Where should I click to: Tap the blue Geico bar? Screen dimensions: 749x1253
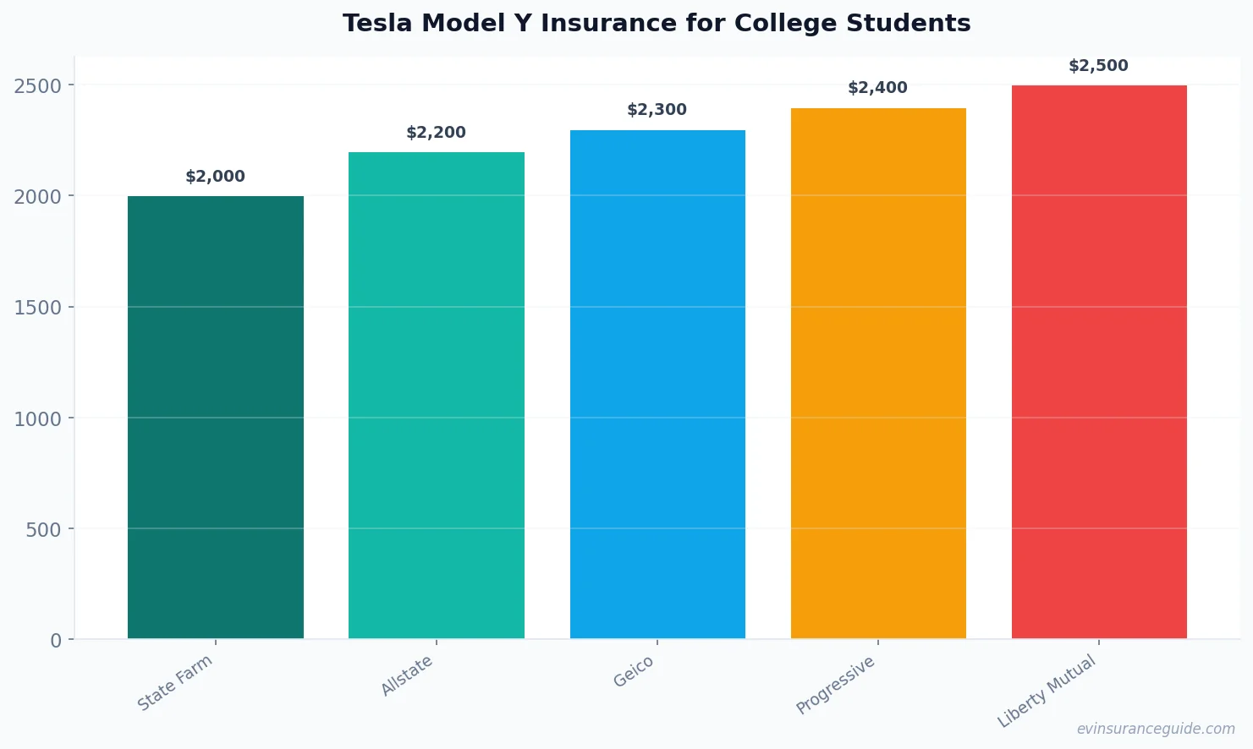[x=657, y=384]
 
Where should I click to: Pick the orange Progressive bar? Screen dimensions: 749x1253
[x=878, y=373]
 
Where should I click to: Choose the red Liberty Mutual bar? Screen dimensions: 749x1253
[x=1099, y=362]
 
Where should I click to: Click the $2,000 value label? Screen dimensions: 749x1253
[x=215, y=177]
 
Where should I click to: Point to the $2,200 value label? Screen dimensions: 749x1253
[x=436, y=133]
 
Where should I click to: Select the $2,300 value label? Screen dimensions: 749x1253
[x=657, y=110]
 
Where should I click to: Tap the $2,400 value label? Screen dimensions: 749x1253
[x=877, y=88]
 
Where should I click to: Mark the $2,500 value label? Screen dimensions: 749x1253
[x=1098, y=66]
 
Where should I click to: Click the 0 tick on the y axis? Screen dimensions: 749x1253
[x=56, y=641]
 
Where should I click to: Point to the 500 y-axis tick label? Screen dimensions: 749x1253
[x=43, y=530]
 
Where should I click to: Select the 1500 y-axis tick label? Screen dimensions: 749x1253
[x=38, y=308]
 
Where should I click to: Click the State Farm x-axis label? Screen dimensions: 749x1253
[x=175, y=683]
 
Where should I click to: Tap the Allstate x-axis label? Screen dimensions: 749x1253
[x=407, y=675]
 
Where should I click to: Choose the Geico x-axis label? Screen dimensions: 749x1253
[x=634, y=672]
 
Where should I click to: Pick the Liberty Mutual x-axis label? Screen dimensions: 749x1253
[x=1047, y=691]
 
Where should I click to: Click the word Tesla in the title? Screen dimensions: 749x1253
[x=377, y=23]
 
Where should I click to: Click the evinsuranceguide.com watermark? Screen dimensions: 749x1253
[x=1156, y=729]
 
